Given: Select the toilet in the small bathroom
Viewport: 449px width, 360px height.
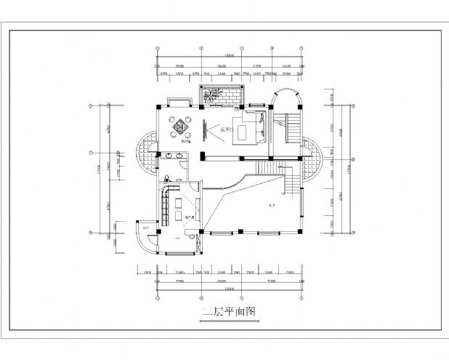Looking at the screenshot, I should [x=166, y=179].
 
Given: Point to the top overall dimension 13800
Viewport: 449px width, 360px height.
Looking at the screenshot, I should [x=230, y=55].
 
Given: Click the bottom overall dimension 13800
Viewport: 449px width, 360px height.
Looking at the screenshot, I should [x=230, y=289].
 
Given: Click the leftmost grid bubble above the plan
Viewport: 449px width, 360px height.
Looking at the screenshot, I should [x=158, y=49].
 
